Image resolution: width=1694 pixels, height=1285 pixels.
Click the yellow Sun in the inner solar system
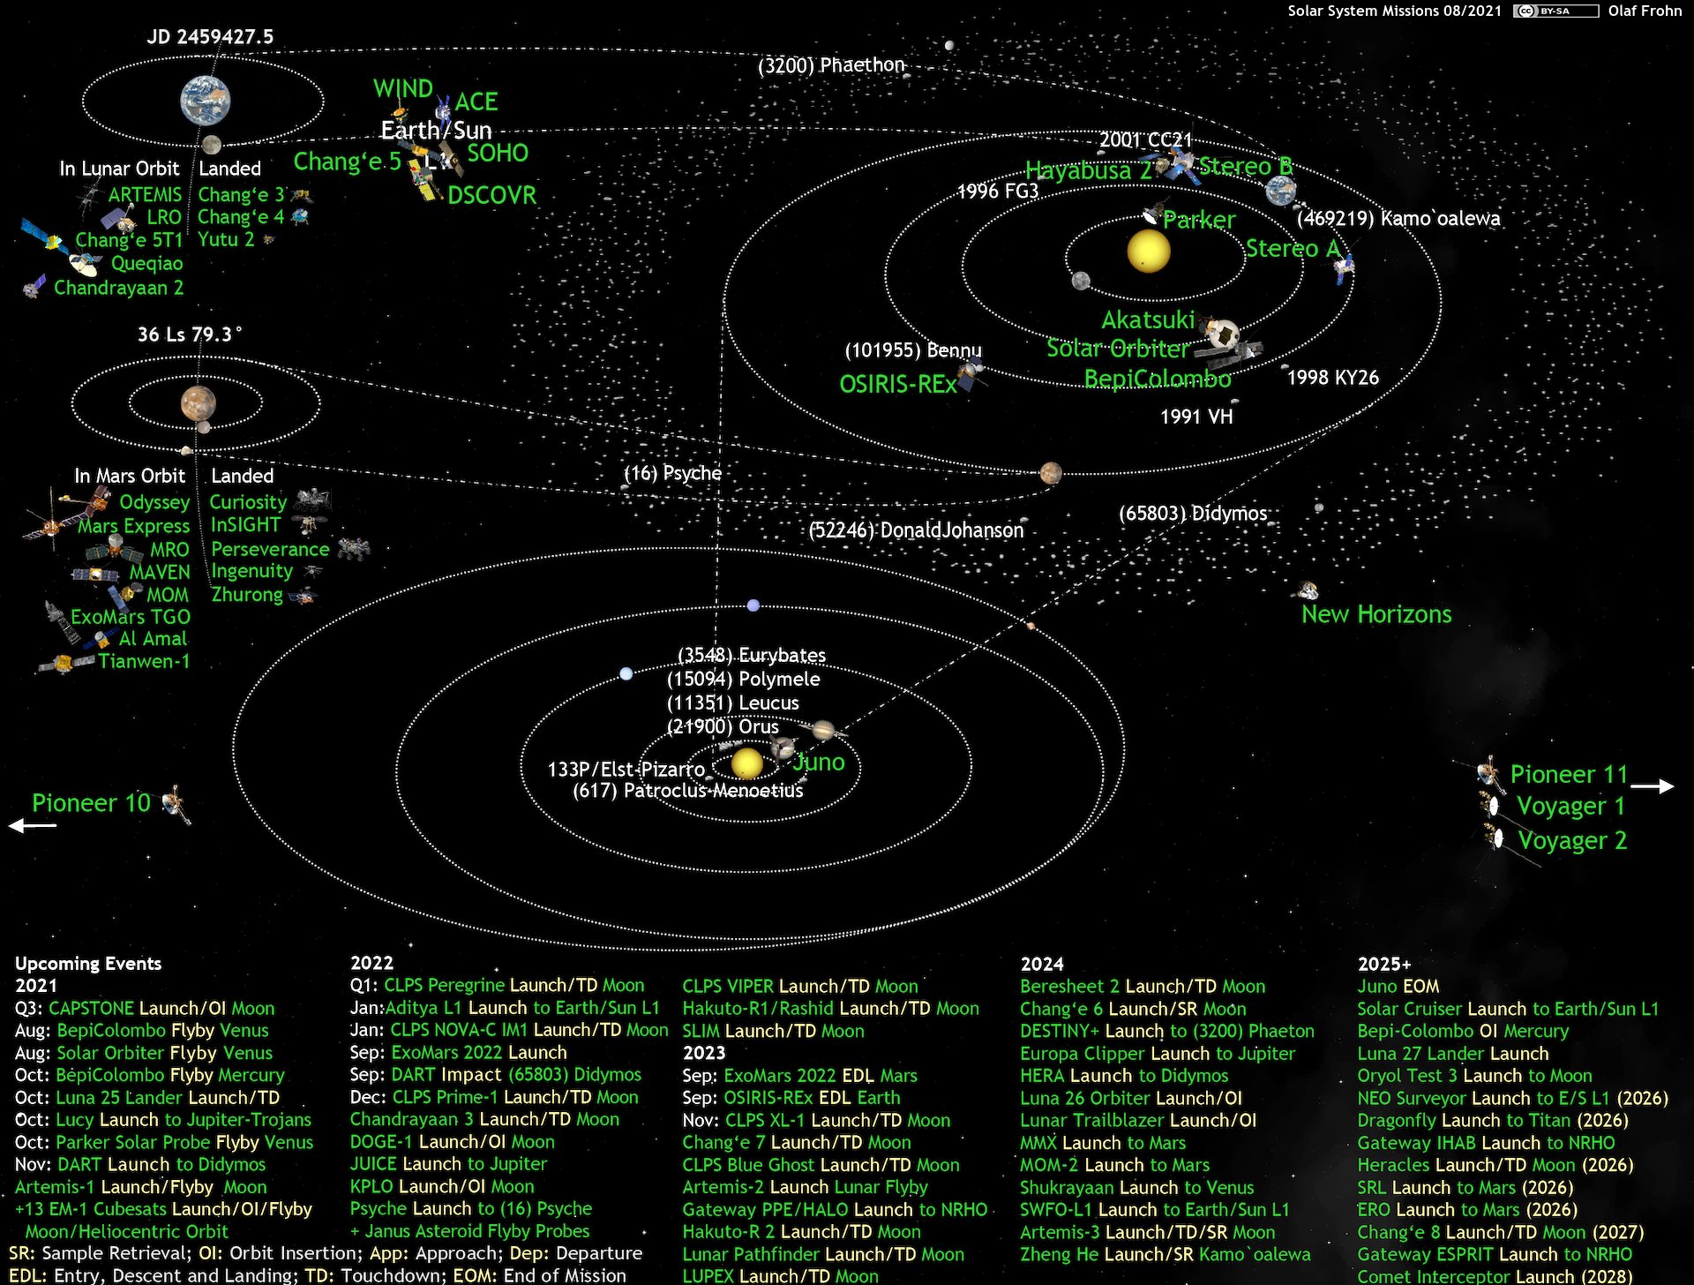(x=1149, y=251)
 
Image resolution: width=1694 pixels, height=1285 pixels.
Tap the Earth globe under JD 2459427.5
(x=206, y=100)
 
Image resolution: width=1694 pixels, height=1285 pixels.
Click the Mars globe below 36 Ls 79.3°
(x=199, y=403)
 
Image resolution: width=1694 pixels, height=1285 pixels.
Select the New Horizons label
(x=1376, y=614)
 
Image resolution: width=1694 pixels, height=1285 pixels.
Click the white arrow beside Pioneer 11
(x=1652, y=785)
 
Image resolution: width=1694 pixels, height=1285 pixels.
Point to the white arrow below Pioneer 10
(x=33, y=826)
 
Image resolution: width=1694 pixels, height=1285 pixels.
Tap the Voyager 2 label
(x=1572, y=840)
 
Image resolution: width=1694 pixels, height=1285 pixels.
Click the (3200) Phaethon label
(x=831, y=65)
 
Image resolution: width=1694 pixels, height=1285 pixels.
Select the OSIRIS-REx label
(x=898, y=384)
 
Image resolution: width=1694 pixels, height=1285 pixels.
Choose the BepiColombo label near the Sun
(x=1158, y=379)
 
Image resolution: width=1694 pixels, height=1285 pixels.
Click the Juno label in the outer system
(x=819, y=763)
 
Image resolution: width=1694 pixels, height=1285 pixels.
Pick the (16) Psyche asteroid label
(x=672, y=473)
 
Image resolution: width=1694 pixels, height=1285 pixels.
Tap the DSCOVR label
(x=491, y=195)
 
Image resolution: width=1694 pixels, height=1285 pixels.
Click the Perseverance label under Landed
(x=270, y=549)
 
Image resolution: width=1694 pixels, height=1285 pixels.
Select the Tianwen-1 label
(x=144, y=661)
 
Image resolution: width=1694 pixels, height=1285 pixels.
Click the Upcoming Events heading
(x=88, y=963)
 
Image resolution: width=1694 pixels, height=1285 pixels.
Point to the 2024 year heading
(x=1042, y=964)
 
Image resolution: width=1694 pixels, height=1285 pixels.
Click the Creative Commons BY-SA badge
(x=1555, y=11)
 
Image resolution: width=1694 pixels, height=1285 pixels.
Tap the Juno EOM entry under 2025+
(x=1398, y=986)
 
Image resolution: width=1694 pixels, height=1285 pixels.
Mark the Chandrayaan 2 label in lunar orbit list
(x=118, y=288)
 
